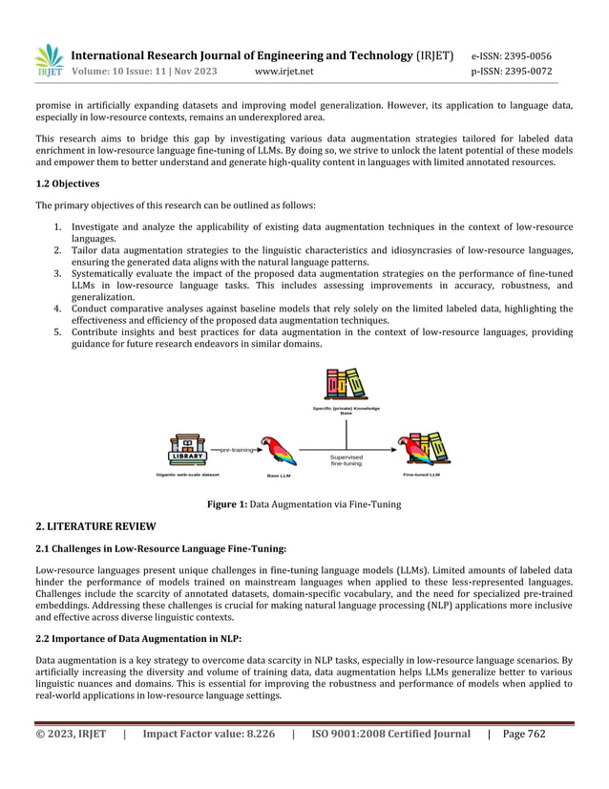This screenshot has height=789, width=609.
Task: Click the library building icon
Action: [187, 448]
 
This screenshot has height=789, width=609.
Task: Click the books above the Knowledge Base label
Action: [346, 384]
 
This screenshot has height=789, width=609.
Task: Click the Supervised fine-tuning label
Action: [346, 460]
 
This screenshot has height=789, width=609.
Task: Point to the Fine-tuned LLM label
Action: [421, 474]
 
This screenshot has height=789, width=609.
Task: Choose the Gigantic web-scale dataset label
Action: [188, 474]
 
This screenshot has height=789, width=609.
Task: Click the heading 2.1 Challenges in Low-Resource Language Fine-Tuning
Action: [160, 548]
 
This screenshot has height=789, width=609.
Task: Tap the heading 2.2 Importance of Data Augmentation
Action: [138, 638]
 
